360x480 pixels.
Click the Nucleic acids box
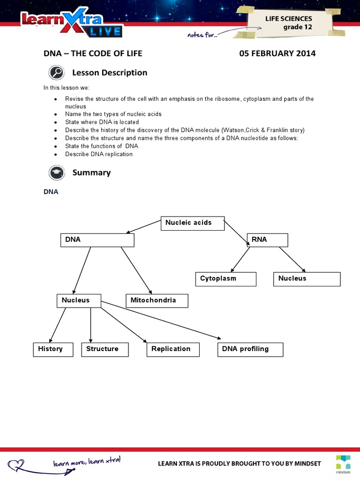click(x=192, y=223)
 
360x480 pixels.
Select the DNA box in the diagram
click(x=97, y=240)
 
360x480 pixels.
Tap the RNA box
click(x=267, y=240)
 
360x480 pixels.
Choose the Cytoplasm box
click(x=226, y=279)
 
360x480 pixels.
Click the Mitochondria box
click(x=157, y=300)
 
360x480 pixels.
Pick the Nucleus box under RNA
click(x=307, y=279)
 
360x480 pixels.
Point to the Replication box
click(x=173, y=349)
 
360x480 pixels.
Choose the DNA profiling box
click(x=250, y=349)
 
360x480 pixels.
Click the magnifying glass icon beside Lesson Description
click(x=56, y=73)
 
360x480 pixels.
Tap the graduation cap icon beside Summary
click(x=56, y=173)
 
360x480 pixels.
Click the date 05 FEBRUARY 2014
click(x=277, y=53)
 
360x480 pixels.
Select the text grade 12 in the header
click(x=297, y=27)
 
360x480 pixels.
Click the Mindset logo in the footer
click(x=343, y=461)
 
